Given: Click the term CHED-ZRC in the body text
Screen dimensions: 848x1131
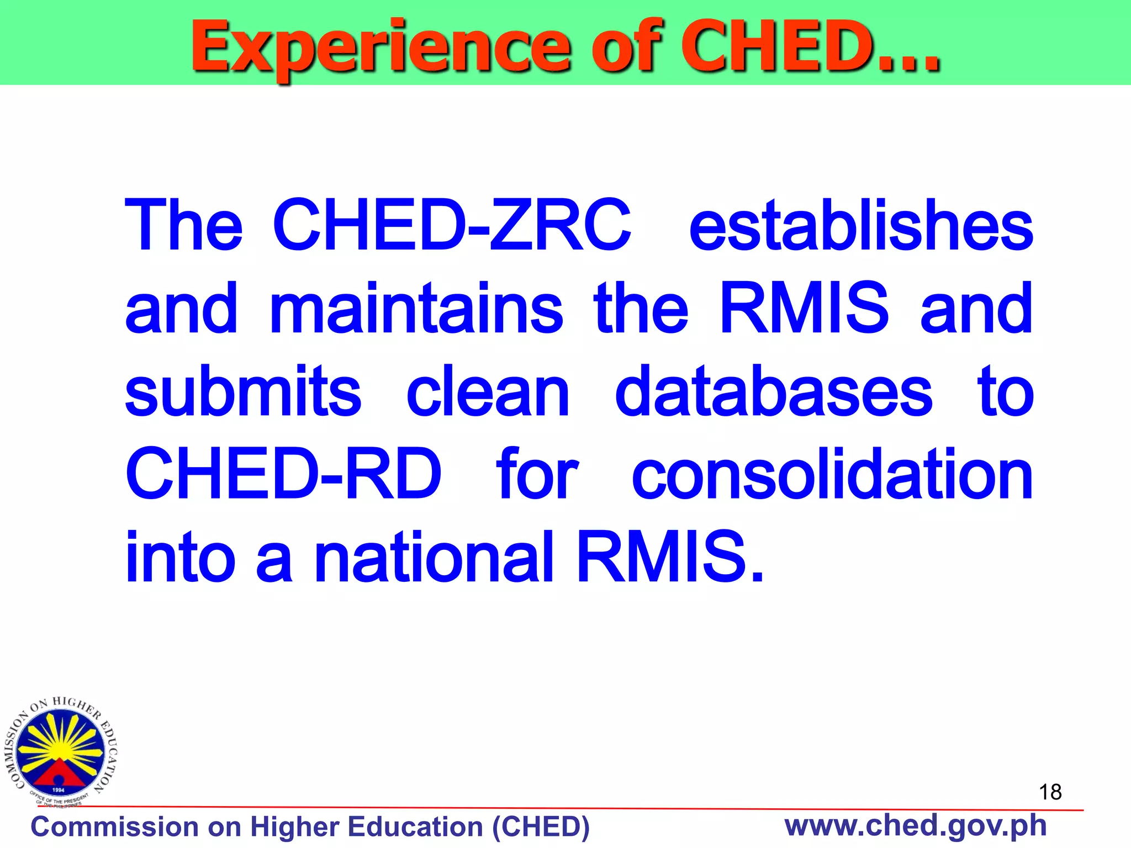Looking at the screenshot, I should [452, 225].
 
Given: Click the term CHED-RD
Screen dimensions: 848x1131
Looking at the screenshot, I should [283, 474].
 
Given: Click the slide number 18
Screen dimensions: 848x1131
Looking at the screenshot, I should [1050, 792].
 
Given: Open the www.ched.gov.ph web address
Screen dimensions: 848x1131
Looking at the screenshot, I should [915, 825].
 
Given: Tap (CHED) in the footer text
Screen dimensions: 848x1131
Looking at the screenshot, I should [541, 827].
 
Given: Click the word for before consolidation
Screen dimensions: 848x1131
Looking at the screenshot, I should [537, 474].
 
